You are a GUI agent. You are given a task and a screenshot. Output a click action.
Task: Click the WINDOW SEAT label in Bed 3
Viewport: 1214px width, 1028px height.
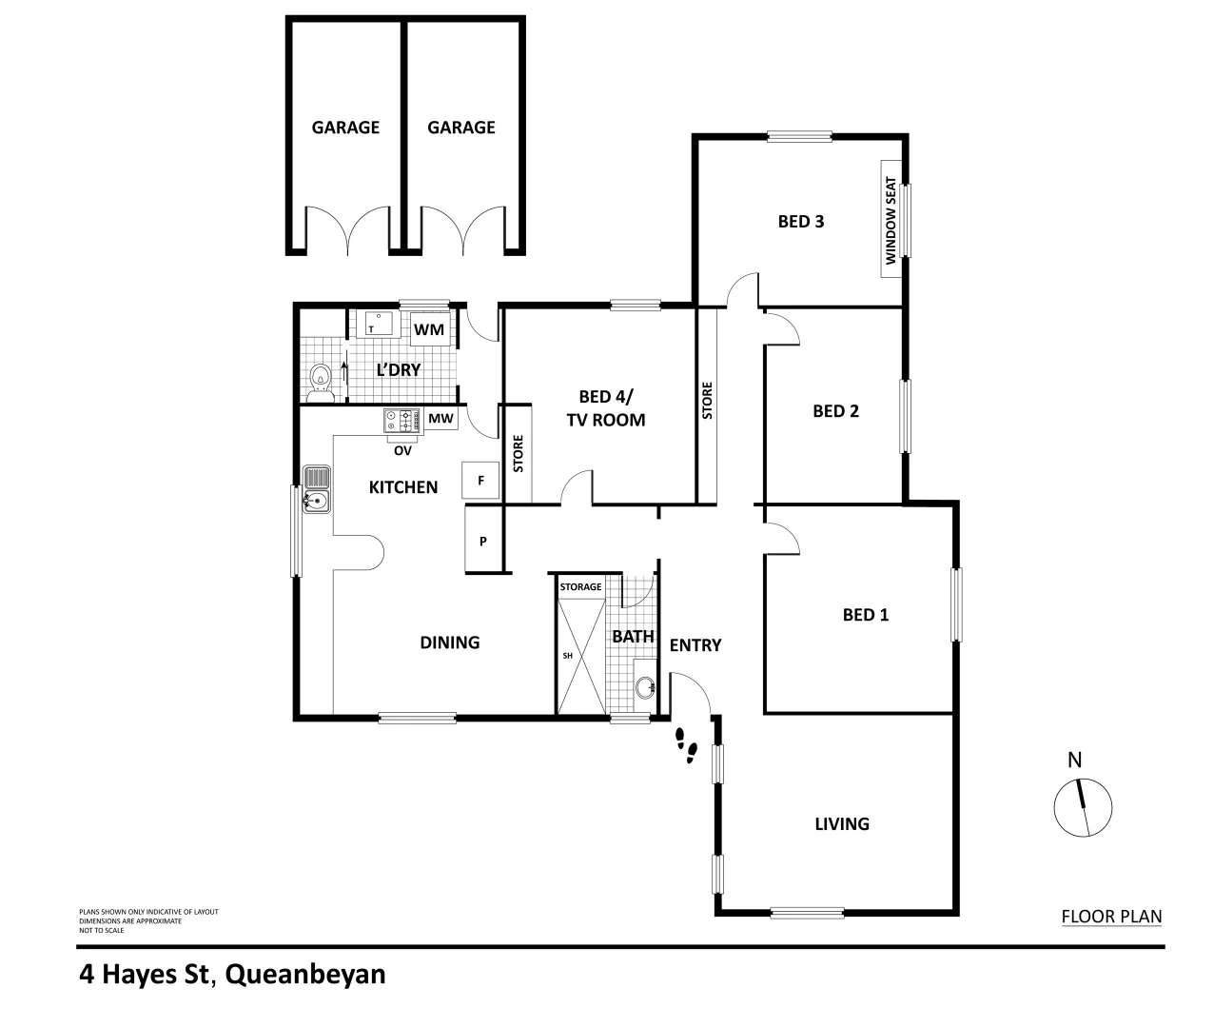(891, 220)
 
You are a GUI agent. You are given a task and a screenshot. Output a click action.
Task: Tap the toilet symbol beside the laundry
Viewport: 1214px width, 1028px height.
(322, 378)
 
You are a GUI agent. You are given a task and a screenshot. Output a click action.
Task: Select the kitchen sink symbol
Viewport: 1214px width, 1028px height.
(316, 490)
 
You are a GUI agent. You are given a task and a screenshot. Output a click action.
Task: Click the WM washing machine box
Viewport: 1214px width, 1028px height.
(429, 329)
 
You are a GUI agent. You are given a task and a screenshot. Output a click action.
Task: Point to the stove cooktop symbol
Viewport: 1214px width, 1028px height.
(402, 418)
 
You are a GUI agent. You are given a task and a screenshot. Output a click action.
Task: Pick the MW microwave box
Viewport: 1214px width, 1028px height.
(440, 419)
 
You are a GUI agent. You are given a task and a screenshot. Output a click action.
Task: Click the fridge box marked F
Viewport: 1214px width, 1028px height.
(480, 481)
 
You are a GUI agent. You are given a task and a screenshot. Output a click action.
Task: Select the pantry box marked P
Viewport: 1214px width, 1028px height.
(483, 541)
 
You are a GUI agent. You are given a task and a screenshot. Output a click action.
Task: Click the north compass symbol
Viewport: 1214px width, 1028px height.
(1083, 806)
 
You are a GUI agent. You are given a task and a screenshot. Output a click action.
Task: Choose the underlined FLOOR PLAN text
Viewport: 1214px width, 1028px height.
(1111, 918)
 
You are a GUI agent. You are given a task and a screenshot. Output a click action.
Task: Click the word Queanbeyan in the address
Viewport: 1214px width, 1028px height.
(307, 975)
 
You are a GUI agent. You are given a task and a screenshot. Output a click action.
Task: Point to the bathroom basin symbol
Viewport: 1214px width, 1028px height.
(646, 685)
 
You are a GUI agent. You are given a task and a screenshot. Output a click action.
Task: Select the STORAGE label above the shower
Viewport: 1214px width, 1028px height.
(580, 587)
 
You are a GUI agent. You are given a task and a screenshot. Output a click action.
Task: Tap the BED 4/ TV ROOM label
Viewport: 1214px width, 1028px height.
(606, 408)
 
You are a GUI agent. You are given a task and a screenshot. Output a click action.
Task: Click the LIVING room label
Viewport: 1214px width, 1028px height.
(842, 823)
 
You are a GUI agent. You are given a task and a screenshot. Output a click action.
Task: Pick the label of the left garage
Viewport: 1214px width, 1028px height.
(345, 127)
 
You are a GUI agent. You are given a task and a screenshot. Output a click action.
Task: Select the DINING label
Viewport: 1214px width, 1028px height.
(450, 642)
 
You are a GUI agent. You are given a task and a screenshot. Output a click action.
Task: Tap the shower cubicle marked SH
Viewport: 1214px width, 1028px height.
(579, 655)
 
